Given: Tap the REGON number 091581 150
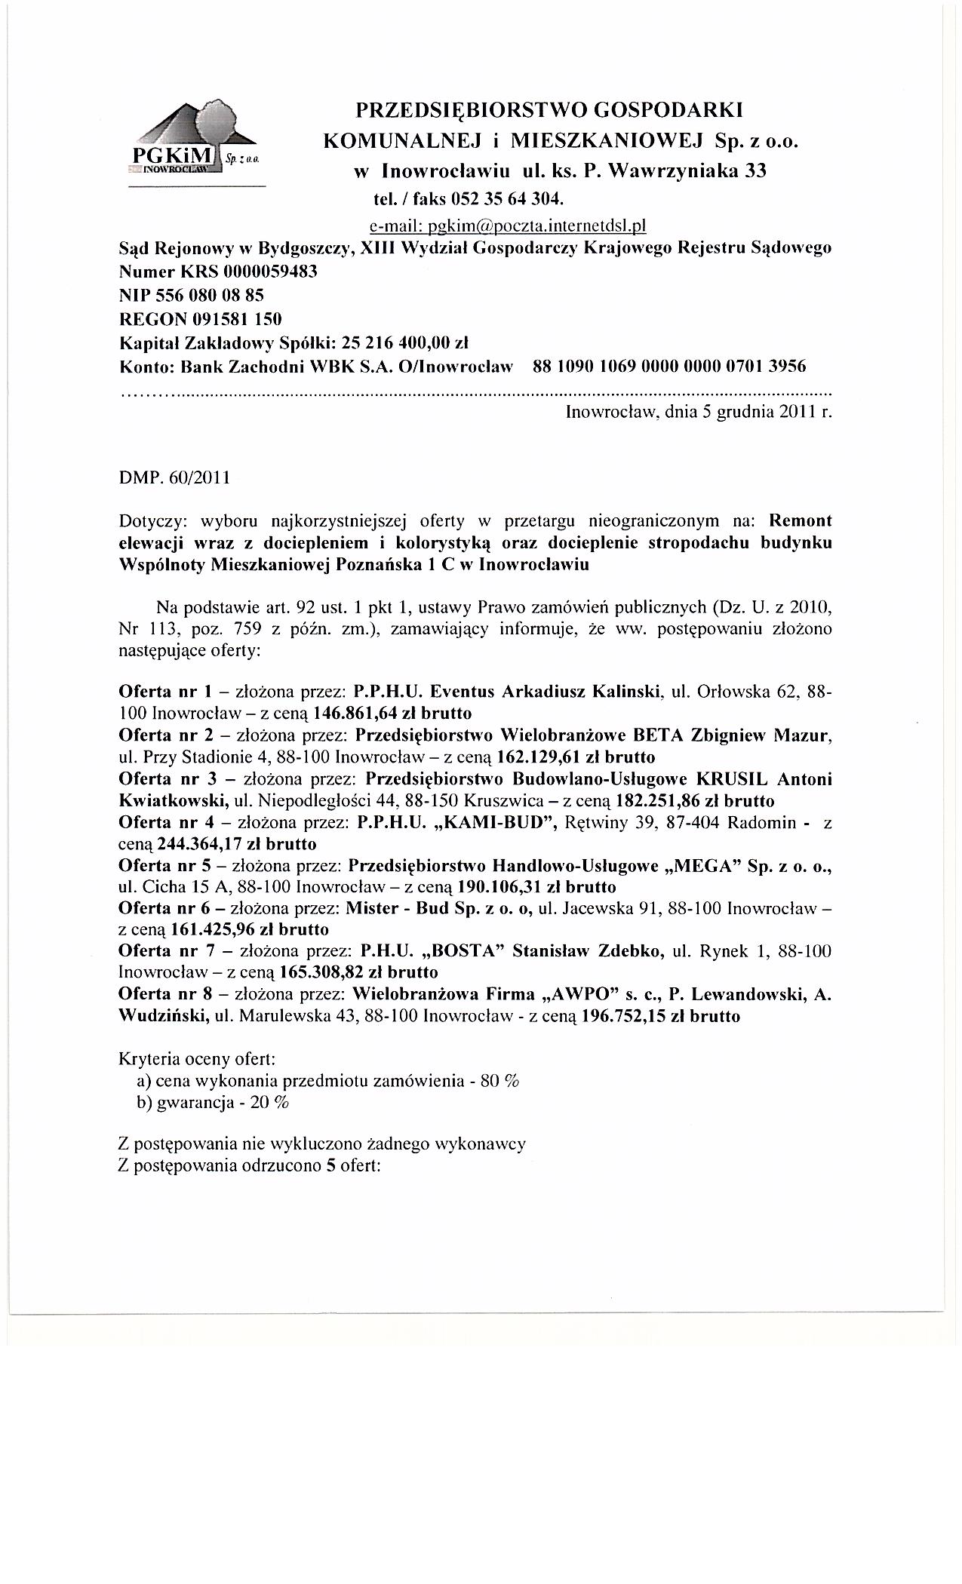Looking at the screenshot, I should (234, 319).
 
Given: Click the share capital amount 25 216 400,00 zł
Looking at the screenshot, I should (406, 343).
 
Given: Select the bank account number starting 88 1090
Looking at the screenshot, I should (668, 367).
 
